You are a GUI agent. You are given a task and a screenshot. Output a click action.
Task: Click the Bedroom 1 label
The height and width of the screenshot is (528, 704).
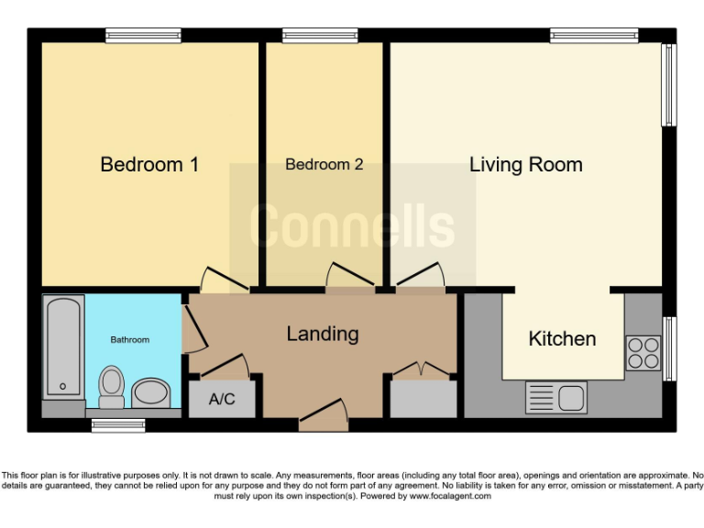(149, 165)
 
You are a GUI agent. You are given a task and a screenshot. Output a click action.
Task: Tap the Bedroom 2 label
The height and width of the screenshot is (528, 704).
(324, 165)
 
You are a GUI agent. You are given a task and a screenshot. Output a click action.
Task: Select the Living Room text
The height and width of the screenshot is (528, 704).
(525, 165)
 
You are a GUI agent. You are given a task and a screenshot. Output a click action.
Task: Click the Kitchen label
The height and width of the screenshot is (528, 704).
(562, 338)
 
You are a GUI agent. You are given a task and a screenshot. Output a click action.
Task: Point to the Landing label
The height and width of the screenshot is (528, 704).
(322, 334)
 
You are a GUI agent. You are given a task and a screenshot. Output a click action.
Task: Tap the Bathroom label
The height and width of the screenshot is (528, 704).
(130, 340)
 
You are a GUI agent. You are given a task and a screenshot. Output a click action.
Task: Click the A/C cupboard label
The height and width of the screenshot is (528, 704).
(222, 400)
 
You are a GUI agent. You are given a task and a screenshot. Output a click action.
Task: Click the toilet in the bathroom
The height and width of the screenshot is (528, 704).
(112, 386)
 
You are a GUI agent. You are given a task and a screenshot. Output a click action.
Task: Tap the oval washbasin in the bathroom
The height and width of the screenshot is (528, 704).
(151, 394)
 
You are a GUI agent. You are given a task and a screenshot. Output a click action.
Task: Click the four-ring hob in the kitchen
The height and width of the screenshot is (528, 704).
(643, 353)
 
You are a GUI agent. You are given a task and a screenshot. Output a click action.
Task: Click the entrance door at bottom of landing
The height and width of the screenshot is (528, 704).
(324, 414)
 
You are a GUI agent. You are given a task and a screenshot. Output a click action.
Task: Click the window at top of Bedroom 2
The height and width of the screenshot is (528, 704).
(320, 36)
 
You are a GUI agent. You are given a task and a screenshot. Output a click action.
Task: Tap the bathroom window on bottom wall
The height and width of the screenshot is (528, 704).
(118, 425)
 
